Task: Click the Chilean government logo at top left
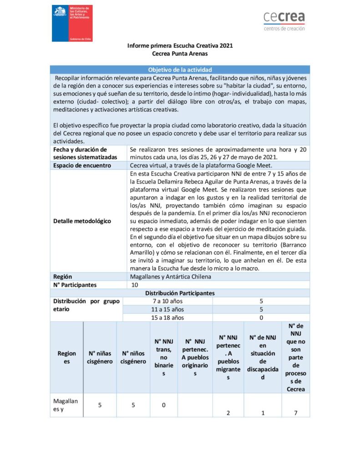click(x=72, y=23)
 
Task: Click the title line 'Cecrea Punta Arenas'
click(x=180, y=53)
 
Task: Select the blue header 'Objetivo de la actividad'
click(x=180, y=70)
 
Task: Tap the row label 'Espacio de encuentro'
click(x=82, y=165)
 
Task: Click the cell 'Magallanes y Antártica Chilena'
click(x=170, y=277)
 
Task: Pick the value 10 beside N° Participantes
click(x=135, y=285)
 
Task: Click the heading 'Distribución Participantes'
click(x=180, y=293)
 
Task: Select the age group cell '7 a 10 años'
click(x=168, y=301)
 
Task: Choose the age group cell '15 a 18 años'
click(x=168, y=318)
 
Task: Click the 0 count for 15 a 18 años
click(x=261, y=318)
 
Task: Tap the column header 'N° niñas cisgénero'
click(x=100, y=357)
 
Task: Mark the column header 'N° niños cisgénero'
click(x=133, y=357)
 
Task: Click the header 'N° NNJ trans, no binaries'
click(x=164, y=357)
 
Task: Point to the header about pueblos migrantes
click(x=228, y=357)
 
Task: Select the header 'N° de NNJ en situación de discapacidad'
click(x=263, y=357)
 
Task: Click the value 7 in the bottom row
click(x=296, y=413)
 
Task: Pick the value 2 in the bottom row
click(x=228, y=413)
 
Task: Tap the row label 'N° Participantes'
click(x=75, y=285)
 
